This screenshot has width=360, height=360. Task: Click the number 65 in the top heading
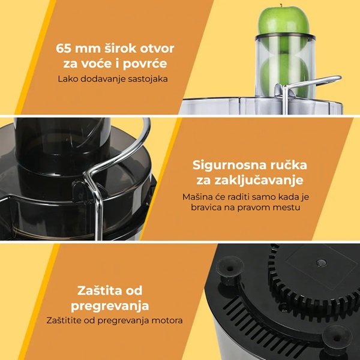(64, 49)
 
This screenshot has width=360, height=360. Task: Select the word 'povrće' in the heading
(145, 64)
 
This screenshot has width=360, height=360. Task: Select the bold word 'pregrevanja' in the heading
(110, 306)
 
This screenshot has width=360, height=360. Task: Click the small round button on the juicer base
(321, 263)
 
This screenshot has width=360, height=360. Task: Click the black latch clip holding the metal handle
(79, 191)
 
